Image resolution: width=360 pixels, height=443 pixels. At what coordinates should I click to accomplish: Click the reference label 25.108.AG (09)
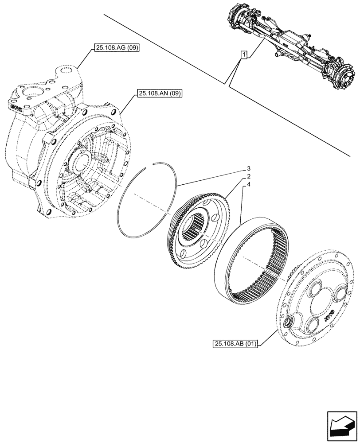(x=117, y=48)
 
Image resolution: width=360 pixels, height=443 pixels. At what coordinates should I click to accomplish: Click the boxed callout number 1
(x=243, y=55)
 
